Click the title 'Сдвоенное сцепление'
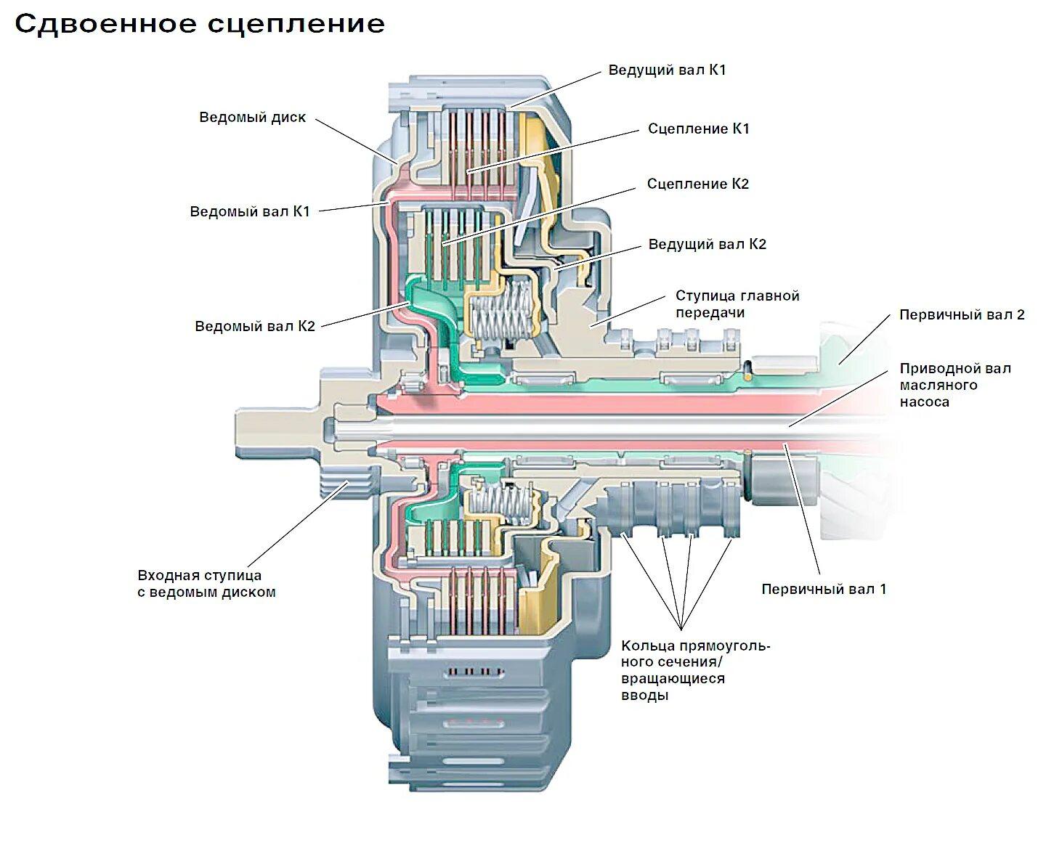click(x=200, y=24)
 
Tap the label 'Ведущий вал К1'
click(x=667, y=70)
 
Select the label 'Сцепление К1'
click(x=698, y=129)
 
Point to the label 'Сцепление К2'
click(x=697, y=184)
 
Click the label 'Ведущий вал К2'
click(x=707, y=244)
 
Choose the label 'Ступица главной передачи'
click(x=737, y=304)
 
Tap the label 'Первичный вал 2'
click(x=961, y=314)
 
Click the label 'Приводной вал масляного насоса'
click(x=954, y=385)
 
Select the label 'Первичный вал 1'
click(x=824, y=589)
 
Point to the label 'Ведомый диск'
click(x=252, y=117)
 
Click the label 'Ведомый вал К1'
click(x=249, y=211)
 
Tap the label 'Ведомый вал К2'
click(x=254, y=326)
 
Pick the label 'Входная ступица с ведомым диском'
click(x=206, y=584)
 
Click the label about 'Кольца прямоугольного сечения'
click(x=694, y=670)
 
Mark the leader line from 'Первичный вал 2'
click(x=864, y=338)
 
